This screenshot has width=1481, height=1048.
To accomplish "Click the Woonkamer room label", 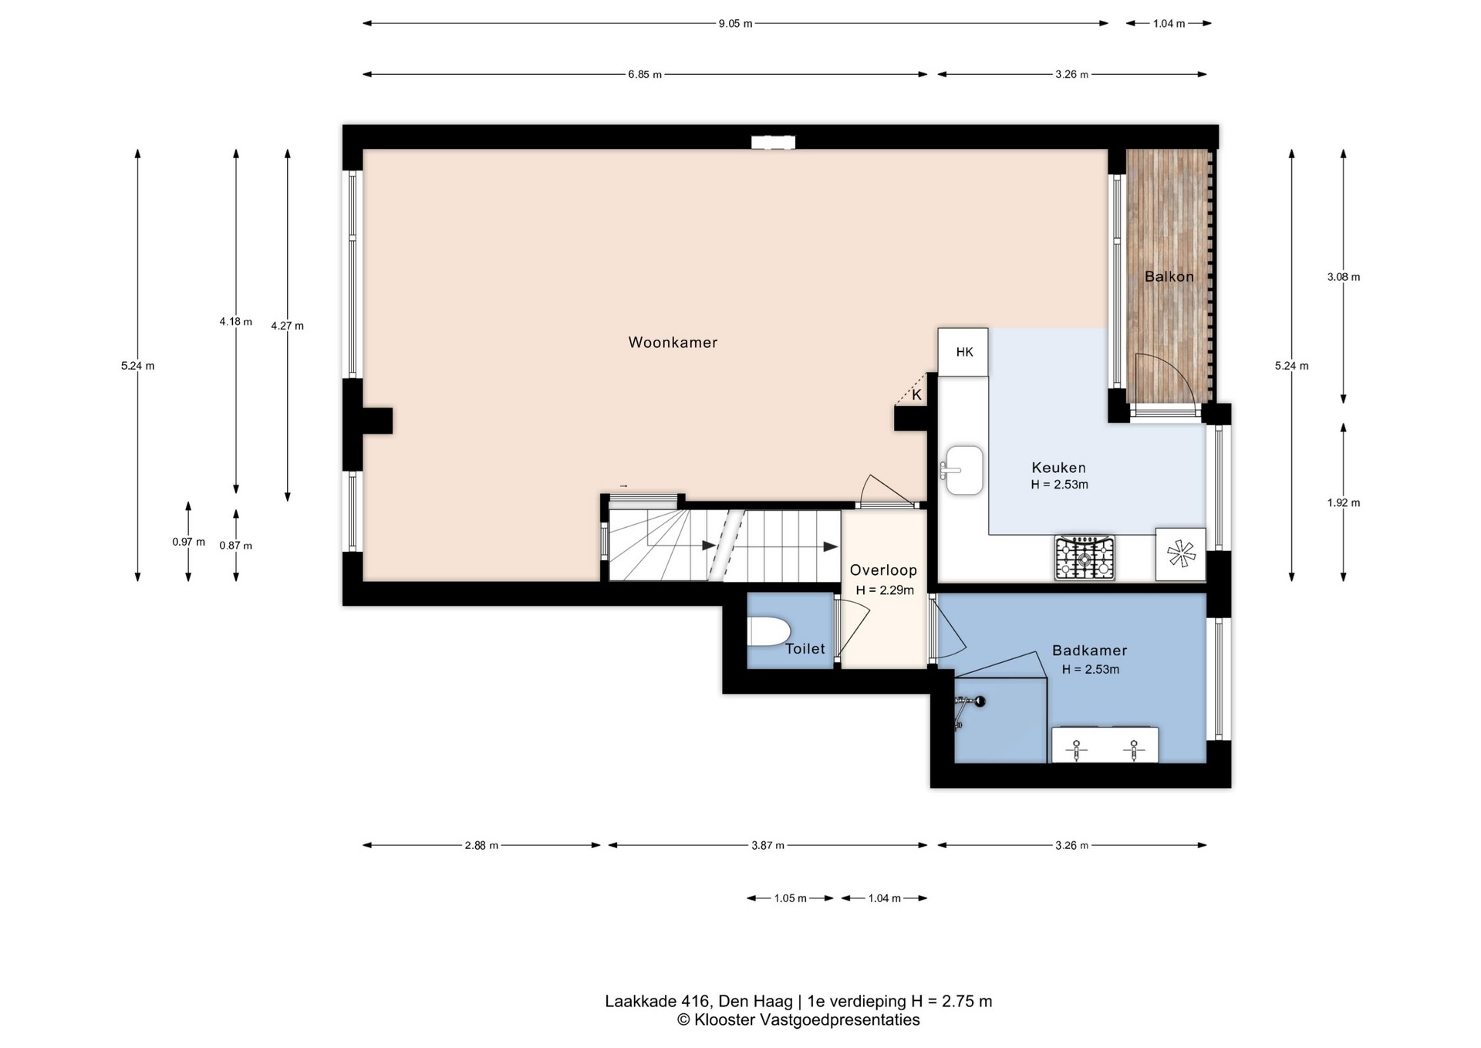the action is click(673, 343).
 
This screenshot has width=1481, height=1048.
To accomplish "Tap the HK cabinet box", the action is click(963, 352).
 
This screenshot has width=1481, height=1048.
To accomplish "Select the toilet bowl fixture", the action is click(768, 631).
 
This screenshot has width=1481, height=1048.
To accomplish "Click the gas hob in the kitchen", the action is click(1085, 558).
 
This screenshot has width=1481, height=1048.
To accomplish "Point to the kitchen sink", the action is click(963, 469).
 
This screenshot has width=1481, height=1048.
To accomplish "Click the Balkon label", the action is click(1169, 276).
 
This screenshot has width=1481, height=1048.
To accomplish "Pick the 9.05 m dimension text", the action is click(735, 24).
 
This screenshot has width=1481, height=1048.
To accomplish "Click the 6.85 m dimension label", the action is click(645, 75).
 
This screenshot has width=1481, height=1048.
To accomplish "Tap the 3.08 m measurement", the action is click(1344, 277).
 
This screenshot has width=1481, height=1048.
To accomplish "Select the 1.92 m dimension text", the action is click(1344, 502).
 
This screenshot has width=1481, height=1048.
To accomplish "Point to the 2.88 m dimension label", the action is click(481, 846).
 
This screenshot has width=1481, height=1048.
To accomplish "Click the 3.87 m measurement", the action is click(767, 846).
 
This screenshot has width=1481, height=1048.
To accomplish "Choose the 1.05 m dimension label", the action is click(791, 898).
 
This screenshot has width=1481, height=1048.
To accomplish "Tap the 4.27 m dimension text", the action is click(287, 326).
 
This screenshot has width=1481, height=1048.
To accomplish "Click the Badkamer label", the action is click(1089, 651).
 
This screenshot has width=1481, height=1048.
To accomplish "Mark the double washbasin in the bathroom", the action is click(1105, 745).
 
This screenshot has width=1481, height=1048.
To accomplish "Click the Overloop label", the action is click(883, 570).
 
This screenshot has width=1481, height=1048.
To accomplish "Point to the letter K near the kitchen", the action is click(916, 395).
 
